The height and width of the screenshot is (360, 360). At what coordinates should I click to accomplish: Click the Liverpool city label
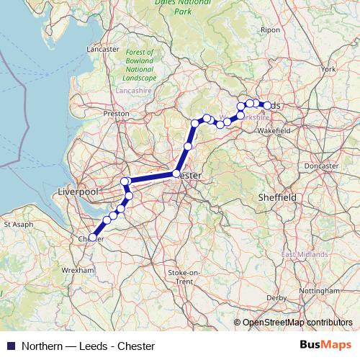point(77,192)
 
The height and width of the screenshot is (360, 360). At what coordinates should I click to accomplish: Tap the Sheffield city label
point(277,197)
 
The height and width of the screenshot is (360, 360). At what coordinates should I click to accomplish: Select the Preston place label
point(116,113)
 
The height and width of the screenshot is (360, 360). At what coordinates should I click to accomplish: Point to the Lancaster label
point(102,49)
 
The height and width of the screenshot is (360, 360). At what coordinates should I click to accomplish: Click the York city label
point(329,69)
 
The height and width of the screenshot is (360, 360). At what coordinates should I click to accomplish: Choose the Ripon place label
point(271,30)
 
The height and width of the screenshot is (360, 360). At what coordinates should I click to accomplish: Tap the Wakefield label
point(274,131)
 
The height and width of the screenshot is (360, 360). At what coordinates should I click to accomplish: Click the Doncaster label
point(321,166)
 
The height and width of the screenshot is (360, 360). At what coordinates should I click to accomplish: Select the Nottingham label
point(319,289)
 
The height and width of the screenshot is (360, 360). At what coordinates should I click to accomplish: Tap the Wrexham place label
point(79,269)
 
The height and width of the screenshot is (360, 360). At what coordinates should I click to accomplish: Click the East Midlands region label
point(305,254)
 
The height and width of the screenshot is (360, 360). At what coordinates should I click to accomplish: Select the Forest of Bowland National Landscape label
point(140,65)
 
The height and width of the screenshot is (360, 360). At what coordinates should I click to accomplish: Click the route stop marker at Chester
point(92,237)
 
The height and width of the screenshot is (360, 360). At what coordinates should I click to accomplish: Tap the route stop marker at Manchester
point(176,174)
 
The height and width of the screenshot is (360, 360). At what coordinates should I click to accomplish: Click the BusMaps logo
point(326,346)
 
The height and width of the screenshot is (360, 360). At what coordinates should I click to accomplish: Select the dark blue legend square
point(10,346)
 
